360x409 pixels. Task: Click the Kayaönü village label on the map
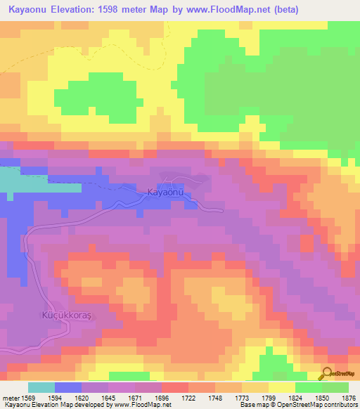(x=165, y=192)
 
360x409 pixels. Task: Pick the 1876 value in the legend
(x=349, y=398)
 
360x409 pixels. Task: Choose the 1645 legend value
(x=108, y=398)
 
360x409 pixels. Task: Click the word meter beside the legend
(x=9, y=398)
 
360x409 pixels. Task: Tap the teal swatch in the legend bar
(x=41, y=387)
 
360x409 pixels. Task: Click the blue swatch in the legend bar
(x=68, y=387)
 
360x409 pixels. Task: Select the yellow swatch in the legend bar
(x=282, y=387)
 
